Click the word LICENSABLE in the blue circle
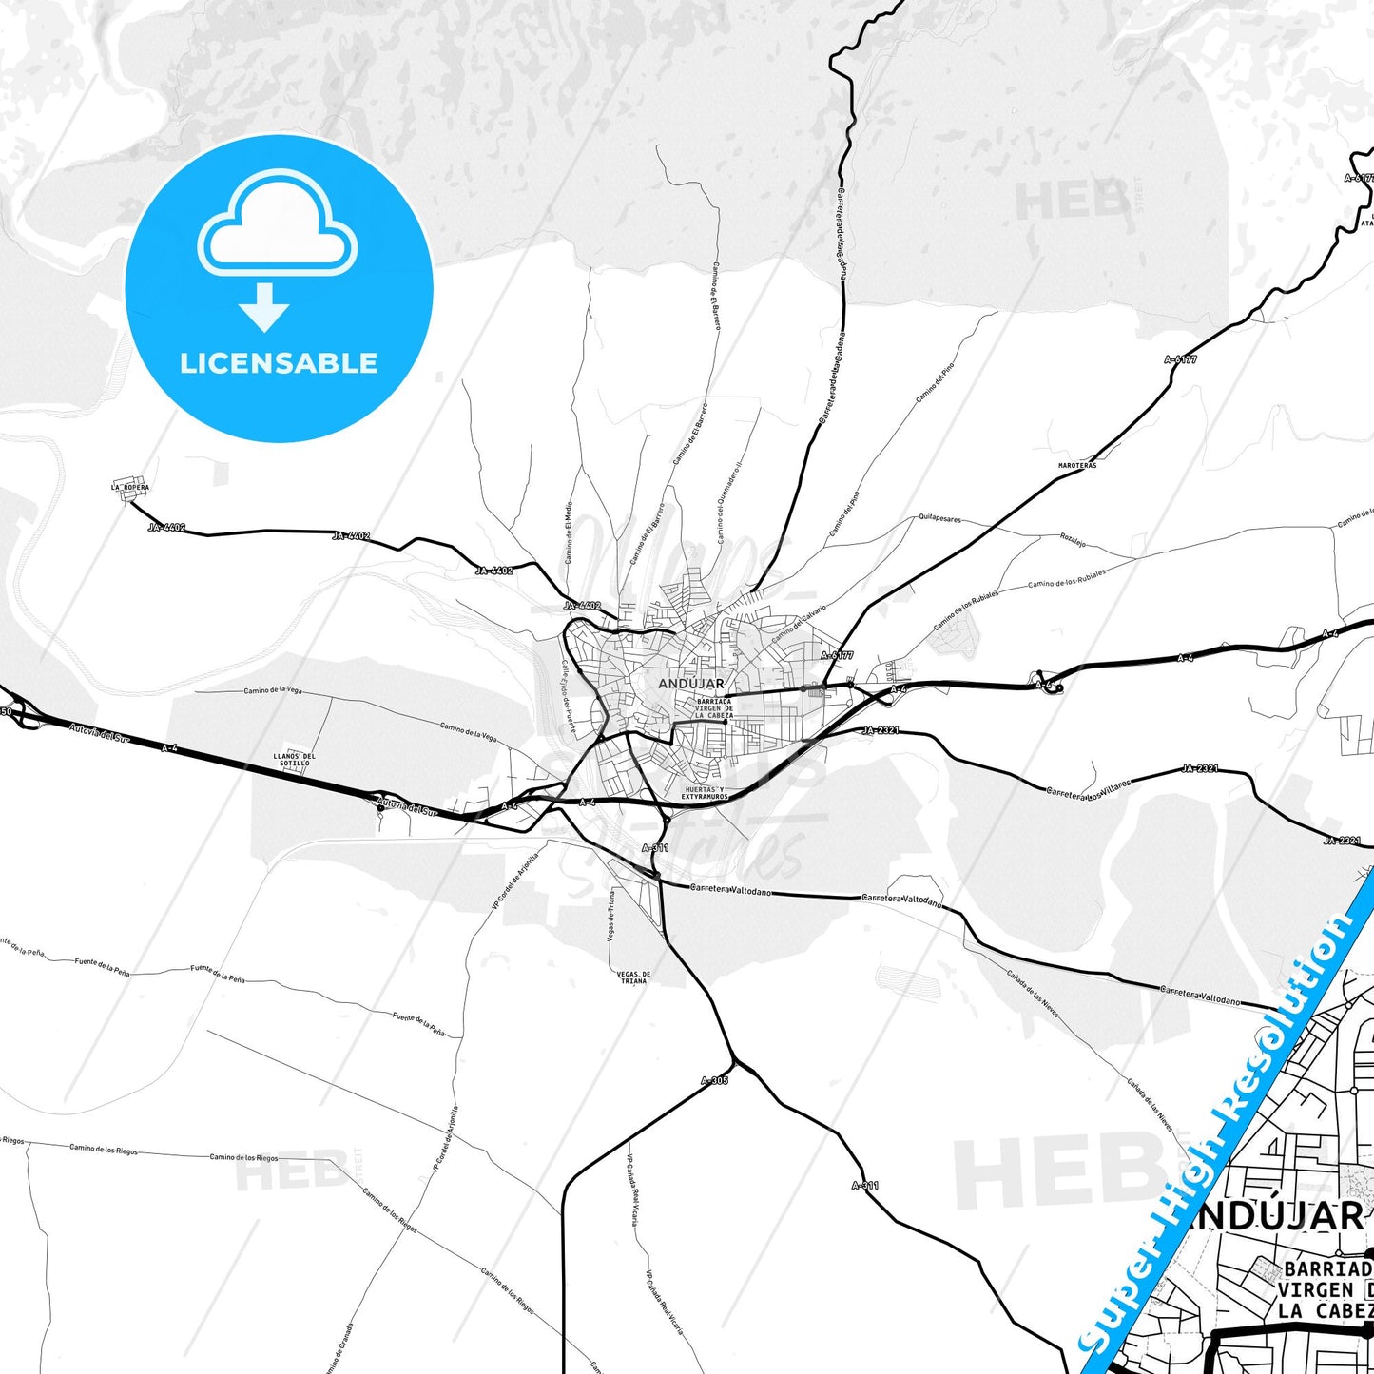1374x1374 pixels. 279,363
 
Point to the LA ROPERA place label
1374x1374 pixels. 130,488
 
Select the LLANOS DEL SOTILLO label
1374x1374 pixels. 295,760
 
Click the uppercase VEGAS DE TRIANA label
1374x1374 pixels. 633,977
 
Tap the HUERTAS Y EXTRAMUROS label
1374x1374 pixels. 705,793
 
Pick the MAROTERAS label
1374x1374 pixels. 1077,466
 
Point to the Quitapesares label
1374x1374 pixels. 939,520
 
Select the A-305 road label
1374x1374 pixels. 714,1080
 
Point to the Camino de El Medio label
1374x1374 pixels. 570,532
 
